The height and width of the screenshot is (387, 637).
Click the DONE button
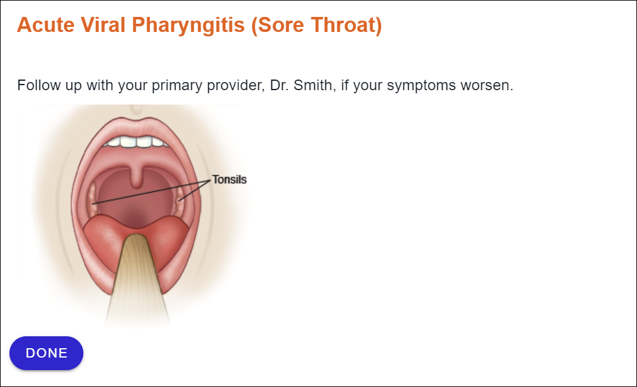[x=46, y=353]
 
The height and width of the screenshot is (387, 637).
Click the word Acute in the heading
[x=46, y=25]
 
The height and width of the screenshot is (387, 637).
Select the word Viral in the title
[x=103, y=25]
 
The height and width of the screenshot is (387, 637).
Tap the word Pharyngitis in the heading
[x=189, y=26]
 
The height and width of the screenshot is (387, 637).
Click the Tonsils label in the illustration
[x=229, y=179]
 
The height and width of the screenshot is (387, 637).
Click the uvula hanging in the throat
[x=137, y=177]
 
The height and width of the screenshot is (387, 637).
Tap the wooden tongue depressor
[x=137, y=280]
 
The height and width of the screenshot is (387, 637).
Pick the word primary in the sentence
[x=177, y=86]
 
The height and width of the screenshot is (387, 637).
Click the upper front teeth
[x=135, y=142]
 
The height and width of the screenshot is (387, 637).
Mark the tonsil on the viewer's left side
[x=93, y=199]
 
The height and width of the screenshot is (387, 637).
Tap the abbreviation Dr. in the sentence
[x=279, y=85]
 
